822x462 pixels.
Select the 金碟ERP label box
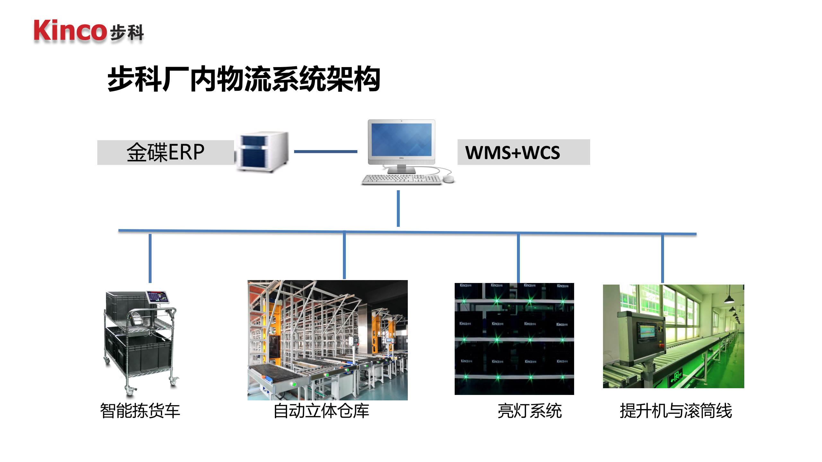click(x=166, y=152)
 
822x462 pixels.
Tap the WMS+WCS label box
click(x=523, y=152)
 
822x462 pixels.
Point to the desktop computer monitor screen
click(x=401, y=140)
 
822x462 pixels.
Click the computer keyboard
click(x=402, y=179)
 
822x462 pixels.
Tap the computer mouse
click(x=448, y=179)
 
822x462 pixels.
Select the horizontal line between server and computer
click(x=325, y=151)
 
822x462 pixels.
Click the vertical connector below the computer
click(x=398, y=209)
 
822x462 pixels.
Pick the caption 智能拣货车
click(x=140, y=411)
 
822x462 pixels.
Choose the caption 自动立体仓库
click(x=321, y=411)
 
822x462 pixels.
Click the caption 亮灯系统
click(x=529, y=411)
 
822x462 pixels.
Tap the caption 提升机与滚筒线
click(x=676, y=411)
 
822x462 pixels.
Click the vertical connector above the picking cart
click(x=150, y=258)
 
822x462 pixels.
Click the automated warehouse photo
click(x=328, y=340)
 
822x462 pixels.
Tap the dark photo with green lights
click(x=514, y=339)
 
